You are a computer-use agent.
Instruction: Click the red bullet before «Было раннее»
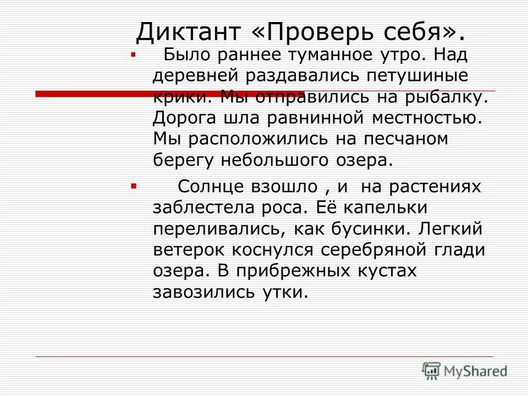click(133, 55)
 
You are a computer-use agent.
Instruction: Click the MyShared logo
click(465, 371)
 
